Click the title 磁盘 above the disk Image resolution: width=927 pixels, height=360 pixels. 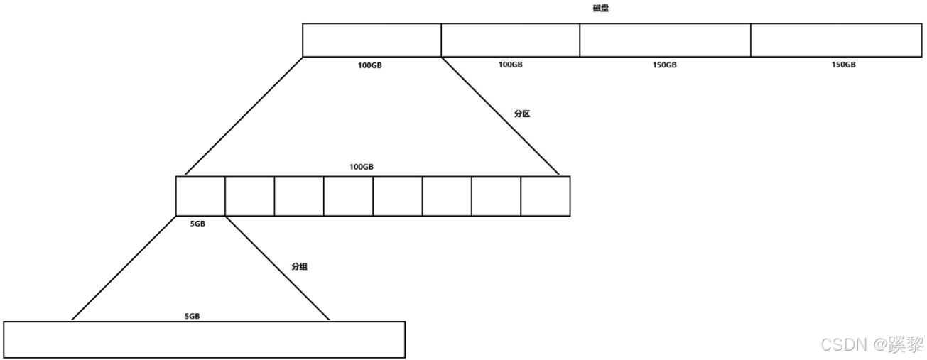tap(600, 9)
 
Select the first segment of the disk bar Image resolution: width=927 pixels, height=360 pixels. tap(372, 40)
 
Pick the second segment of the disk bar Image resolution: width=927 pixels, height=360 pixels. tap(510, 40)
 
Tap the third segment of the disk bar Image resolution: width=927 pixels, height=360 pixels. tap(665, 40)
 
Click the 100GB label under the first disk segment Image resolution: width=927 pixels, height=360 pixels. tap(369, 65)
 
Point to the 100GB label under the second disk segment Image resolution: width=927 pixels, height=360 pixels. tap(510, 65)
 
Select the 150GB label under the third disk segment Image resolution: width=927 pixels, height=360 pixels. tap(665, 65)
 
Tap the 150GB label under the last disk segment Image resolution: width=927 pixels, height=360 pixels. tap(843, 65)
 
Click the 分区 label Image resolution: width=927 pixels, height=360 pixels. tap(522, 114)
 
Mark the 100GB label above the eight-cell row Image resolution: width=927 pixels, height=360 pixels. tap(361, 167)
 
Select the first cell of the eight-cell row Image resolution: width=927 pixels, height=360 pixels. tap(200, 195)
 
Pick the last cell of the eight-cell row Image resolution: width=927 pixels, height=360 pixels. tap(546, 195)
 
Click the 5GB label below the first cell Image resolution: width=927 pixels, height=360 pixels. tap(197, 224)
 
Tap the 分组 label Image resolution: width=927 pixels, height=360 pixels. tap(300, 267)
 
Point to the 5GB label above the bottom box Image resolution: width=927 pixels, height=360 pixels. tap(192, 316)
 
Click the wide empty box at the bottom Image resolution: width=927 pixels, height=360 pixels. tap(204, 339)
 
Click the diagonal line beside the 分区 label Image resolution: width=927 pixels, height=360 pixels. tap(501, 116)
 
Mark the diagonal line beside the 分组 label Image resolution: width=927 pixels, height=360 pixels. tap(278, 268)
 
